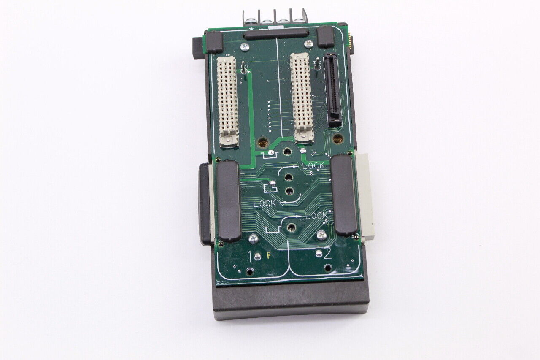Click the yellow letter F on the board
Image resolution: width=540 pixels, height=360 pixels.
tap(268, 256)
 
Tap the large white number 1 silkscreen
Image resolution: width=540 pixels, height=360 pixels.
tap(251, 256)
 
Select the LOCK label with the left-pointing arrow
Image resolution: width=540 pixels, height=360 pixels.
tap(265, 203)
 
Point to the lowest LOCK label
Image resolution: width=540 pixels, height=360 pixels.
tap(316, 216)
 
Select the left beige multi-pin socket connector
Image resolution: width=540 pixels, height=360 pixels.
tap(227, 101)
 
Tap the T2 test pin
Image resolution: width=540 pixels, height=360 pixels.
tap(317, 66)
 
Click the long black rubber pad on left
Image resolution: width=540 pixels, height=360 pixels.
tap(229, 200)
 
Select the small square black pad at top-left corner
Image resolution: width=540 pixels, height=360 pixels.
tap(215, 42)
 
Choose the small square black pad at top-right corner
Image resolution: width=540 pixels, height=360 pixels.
tap(326, 37)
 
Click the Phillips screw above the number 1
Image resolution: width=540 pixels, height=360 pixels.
tap(253, 238)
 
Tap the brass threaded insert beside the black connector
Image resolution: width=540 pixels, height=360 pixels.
tap(337, 138)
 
